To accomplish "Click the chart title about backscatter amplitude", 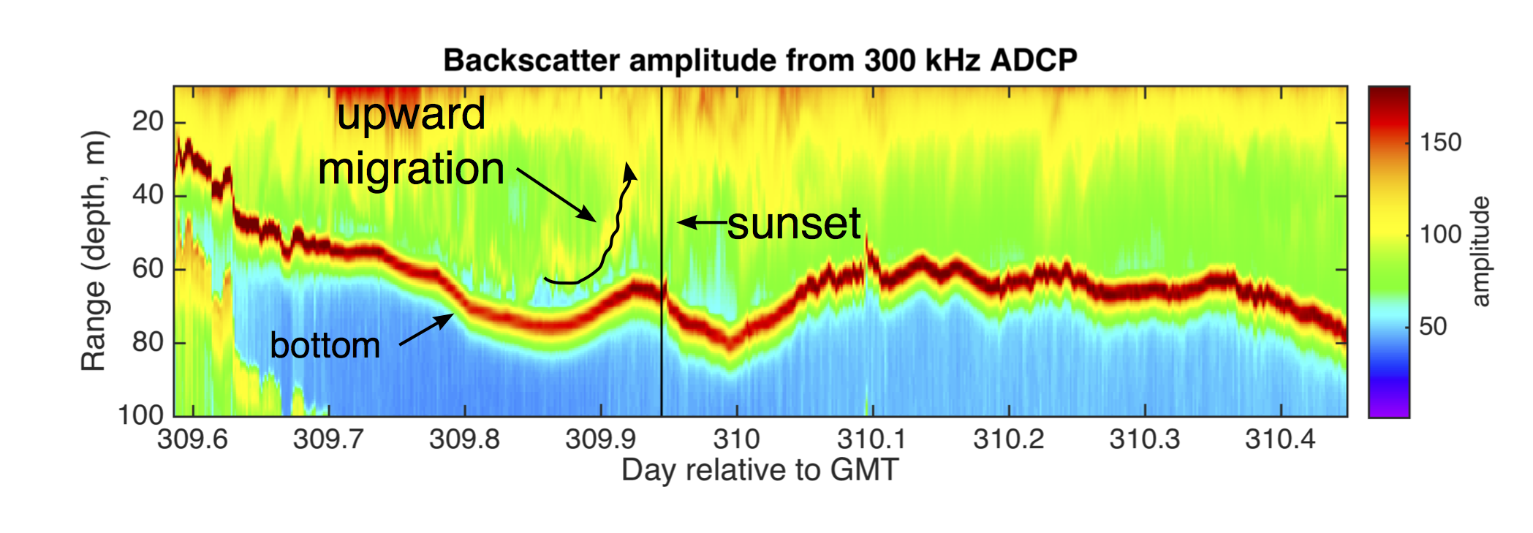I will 760,60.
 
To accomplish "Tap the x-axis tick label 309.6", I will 192,439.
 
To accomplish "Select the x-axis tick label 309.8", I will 464,439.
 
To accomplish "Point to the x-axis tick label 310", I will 736,439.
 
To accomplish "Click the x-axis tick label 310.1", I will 871,439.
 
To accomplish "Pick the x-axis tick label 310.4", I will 1280,439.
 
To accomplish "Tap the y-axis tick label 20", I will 148,121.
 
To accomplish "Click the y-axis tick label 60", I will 148,269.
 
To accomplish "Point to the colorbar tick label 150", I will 1440,142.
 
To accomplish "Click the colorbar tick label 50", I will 1433,326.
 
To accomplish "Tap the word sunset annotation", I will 794,223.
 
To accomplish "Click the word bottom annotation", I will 325,345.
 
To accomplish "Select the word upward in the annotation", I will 411,115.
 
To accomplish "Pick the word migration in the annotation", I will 411,169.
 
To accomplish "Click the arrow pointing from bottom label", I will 426,329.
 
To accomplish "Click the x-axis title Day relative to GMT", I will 760,470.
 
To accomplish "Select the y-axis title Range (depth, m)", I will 94,251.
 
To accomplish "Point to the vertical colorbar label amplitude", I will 1480,251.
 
